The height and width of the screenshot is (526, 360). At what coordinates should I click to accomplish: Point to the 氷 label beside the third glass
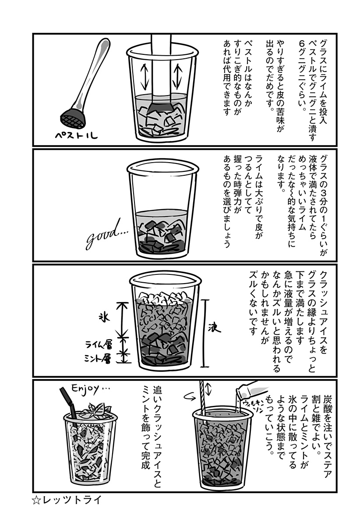pyautogui.click(x=104, y=318)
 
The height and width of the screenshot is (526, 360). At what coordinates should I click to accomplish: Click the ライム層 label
pyautogui.click(x=99, y=345)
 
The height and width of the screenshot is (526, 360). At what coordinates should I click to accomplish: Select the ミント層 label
pyautogui.click(x=97, y=359)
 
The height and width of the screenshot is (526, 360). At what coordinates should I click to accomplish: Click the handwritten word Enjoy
pyautogui.click(x=90, y=390)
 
